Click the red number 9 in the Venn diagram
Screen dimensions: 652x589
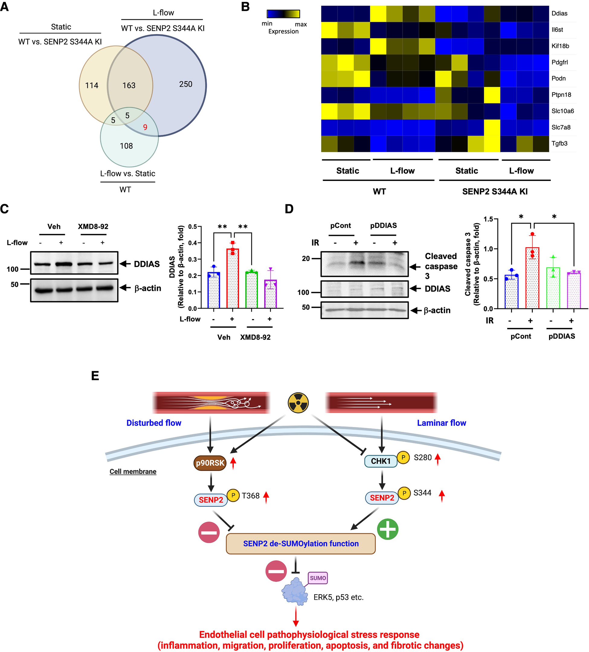145,127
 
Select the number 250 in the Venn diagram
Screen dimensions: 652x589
186,84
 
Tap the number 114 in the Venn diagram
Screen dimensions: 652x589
92,85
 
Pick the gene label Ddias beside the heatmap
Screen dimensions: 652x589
559,13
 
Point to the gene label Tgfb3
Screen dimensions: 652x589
559,143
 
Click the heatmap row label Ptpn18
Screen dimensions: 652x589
561,95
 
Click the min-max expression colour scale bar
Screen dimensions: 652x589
283,14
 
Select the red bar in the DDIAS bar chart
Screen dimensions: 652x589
233,278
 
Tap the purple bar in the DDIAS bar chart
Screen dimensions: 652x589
270,294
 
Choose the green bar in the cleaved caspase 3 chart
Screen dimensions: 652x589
553,287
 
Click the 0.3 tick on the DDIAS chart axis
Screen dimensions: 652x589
193,259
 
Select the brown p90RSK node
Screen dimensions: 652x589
210,463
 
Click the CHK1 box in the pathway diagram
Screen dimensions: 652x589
381,461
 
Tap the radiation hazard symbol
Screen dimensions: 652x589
298,403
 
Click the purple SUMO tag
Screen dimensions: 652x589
318,578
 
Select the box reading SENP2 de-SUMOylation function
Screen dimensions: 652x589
301,544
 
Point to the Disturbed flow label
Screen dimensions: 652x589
154,423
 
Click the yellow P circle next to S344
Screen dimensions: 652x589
404,493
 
